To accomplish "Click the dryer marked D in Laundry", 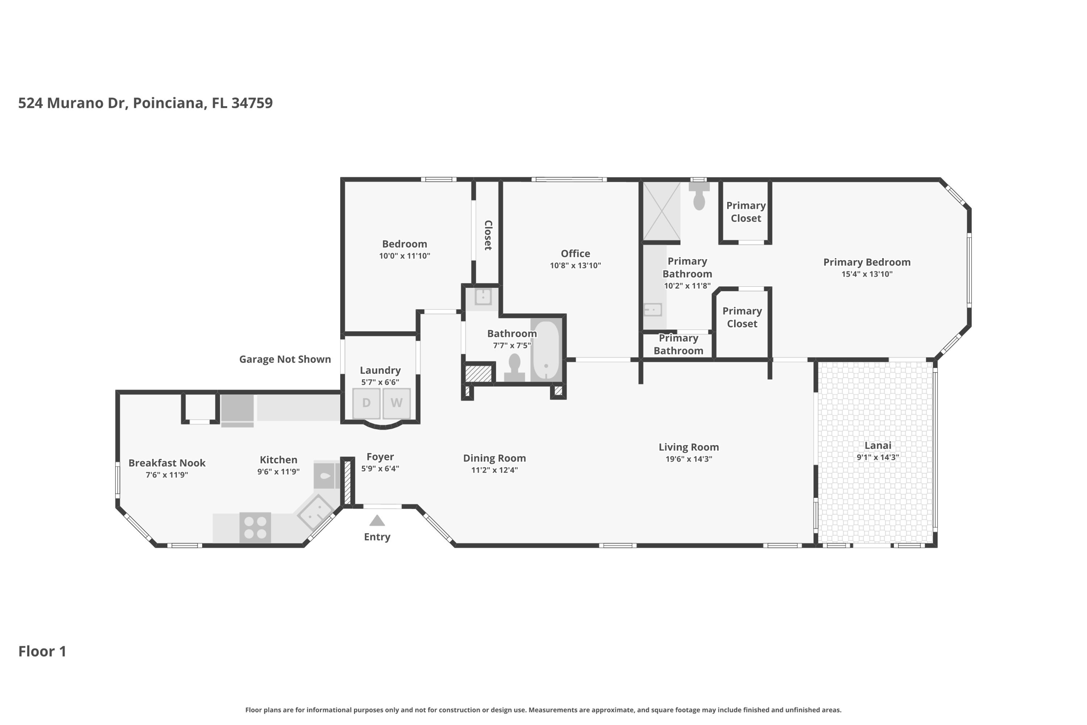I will coord(366,403).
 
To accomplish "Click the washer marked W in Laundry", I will coord(396,403).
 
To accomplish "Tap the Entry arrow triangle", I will coord(377,521).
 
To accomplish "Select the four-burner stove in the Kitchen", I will coord(255,527).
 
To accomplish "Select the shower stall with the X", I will coord(661,211).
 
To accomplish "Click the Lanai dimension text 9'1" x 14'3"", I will coord(877,457).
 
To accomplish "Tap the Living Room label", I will coord(688,447).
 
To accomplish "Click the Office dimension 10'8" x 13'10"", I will coord(575,266).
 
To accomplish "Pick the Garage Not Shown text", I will coord(285,360).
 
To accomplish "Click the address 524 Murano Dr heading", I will coord(145,103).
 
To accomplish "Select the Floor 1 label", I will coord(42,652).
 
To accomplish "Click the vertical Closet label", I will coord(488,235).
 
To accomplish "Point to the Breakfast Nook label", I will coord(167,463).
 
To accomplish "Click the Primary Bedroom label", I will coord(866,262).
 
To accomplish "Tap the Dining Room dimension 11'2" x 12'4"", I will coord(494,470).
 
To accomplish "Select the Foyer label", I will coord(380,457).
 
